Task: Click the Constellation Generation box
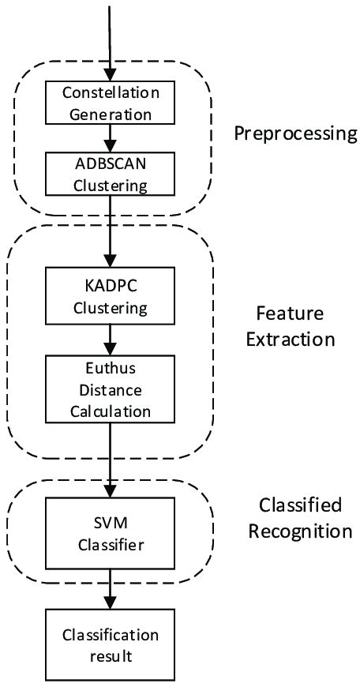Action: pos(111,103)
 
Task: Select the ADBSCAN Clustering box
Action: pos(111,174)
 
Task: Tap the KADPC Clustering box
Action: pos(111,295)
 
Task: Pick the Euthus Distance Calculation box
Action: pos(111,389)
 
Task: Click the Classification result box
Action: pos(111,644)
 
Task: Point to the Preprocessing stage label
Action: pos(295,133)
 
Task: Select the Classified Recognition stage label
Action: pos(300,516)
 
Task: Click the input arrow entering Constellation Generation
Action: pos(111,39)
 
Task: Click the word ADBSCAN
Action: pos(111,164)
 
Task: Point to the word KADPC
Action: pos(111,284)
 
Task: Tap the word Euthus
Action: pos(111,371)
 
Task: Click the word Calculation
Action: pos(111,410)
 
